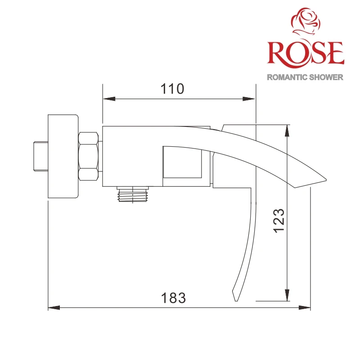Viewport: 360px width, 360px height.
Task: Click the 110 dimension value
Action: tap(172, 89)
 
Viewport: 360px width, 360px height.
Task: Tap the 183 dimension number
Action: tap(173, 298)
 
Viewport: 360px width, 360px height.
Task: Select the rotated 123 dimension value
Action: tap(279, 220)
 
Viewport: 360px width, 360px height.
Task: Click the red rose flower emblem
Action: tap(306, 22)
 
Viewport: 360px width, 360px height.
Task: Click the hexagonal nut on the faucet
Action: tap(88, 156)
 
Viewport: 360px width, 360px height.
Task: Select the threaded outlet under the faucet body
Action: tap(133, 194)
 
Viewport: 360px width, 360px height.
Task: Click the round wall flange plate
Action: tap(63, 156)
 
